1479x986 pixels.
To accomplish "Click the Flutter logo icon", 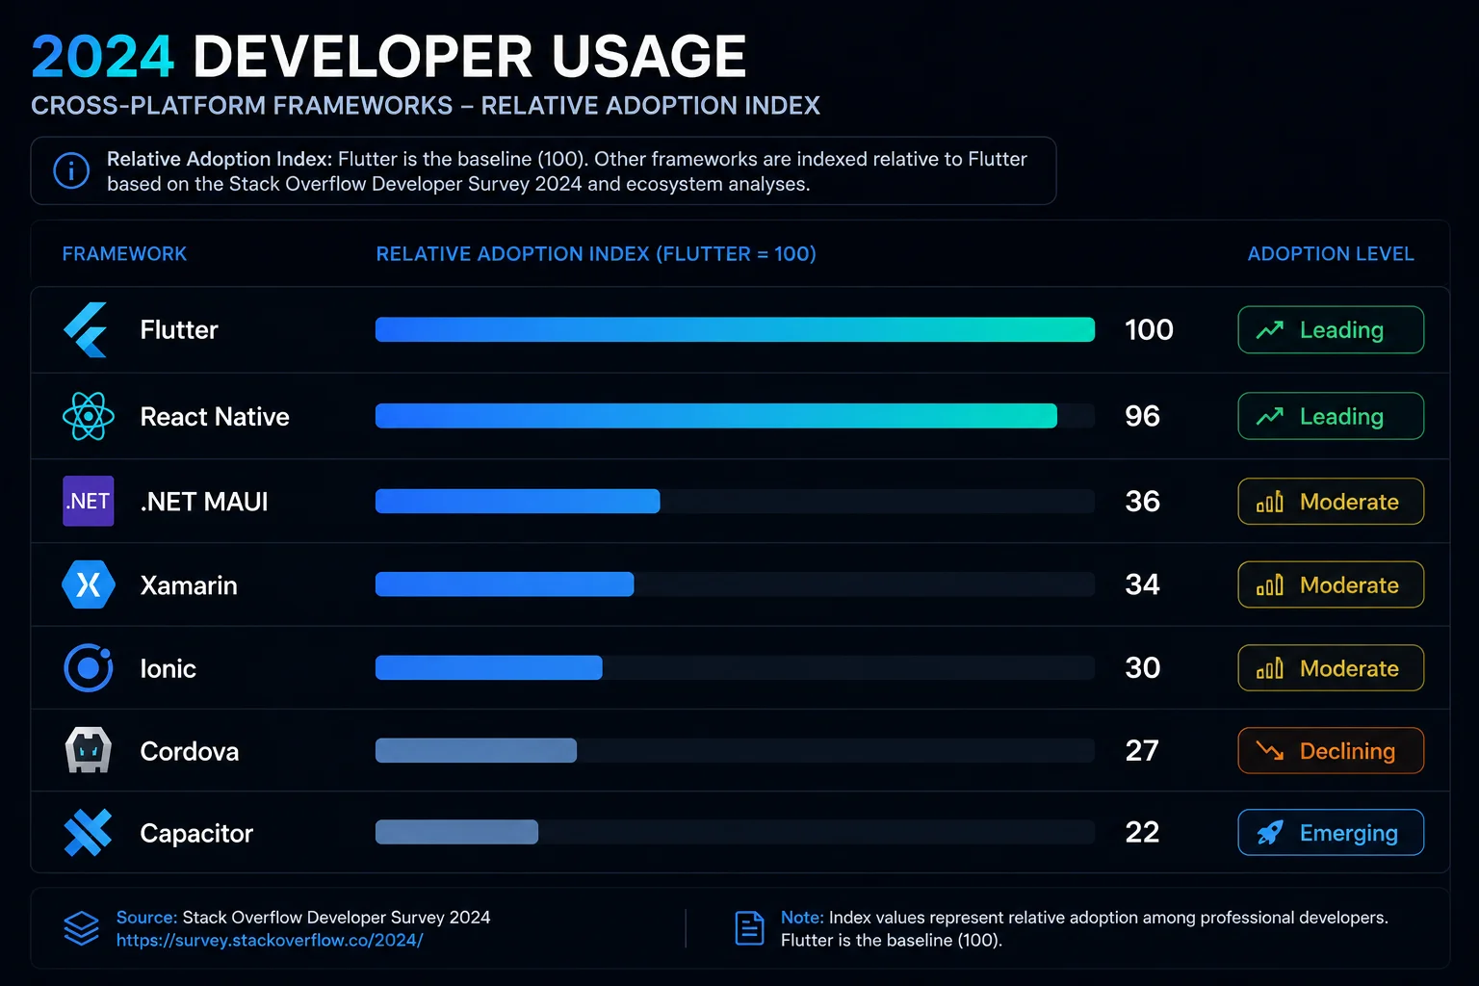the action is [86, 329].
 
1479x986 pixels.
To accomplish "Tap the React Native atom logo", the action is [88, 416].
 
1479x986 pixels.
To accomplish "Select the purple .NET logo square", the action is [88, 501].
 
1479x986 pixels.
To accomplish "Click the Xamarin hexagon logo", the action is [88, 584].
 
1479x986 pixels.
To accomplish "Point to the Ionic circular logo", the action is [88, 667].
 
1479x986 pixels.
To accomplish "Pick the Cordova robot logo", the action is [88, 750].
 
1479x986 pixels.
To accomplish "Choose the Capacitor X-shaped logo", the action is [88, 833].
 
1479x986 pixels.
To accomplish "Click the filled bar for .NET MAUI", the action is [518, 502].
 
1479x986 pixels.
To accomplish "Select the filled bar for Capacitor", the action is [457, 832].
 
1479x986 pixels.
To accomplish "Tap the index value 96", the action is [1142, 416].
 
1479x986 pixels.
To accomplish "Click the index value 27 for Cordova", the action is [1142, 750].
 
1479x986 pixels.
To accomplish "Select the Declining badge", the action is [1331, 750].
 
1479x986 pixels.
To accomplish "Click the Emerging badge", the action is [1331, 832].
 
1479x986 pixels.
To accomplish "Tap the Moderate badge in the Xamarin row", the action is [1331, 584].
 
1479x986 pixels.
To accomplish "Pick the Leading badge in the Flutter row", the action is [1331, 329].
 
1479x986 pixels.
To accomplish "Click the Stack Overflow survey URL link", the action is [270, 940].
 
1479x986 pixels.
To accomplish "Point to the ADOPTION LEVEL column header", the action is [1331, 253].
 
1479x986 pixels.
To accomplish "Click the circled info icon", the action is [71, 170].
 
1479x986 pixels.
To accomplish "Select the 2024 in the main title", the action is [102, 57].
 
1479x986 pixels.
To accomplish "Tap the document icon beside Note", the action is [749, 928].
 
